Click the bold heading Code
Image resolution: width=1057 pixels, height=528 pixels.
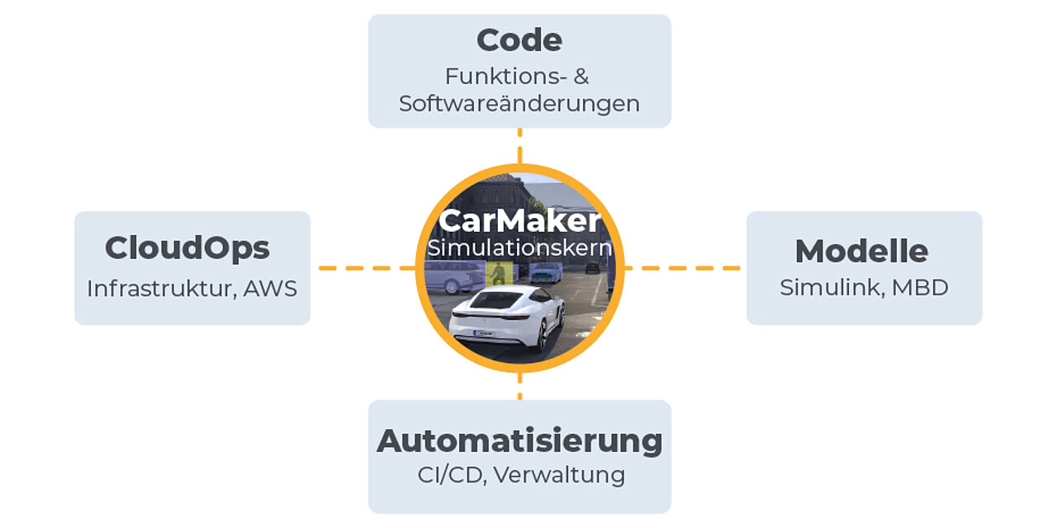pyautogui.click(x=519, y=40)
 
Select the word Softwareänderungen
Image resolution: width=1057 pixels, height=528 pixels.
pyautogui.click(x=519, y=104)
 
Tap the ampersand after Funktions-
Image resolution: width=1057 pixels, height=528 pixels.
pyautogui.click(x=581, y=77)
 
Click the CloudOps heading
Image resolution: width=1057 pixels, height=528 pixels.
pyautogui.click(x=187, y=248)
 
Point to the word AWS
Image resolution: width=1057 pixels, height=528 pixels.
pyautogui.click(x=270, y=289)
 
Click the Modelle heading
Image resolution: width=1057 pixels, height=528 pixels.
pyautogui.click(x=861, y=251)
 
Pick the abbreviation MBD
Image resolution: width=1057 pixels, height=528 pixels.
pyautogui.click(x=920, y=288)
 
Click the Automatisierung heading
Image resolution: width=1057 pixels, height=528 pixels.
pyautogui.click(x=519, y=441)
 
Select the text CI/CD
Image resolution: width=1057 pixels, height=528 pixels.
pyautogui.click(x=452, y=475)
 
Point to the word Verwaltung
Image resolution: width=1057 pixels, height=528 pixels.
pyautogui.click(x=560, y=475)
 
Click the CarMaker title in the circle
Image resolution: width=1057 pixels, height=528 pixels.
pyautogui.click(x=519, y=220)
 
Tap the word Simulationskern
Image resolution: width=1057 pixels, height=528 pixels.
pyautogui.click(x=519, y=248)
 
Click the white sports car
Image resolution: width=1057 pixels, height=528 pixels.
pyautogui.click(x=506, y=316)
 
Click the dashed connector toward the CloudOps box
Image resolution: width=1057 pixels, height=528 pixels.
pyautogui.click(x=367, y=268)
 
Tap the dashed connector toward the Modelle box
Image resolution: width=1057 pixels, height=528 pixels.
pyautogui.click(x=682, y=268)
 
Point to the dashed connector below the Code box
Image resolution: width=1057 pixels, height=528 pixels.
pyautogui.click(x=520, y=146)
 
